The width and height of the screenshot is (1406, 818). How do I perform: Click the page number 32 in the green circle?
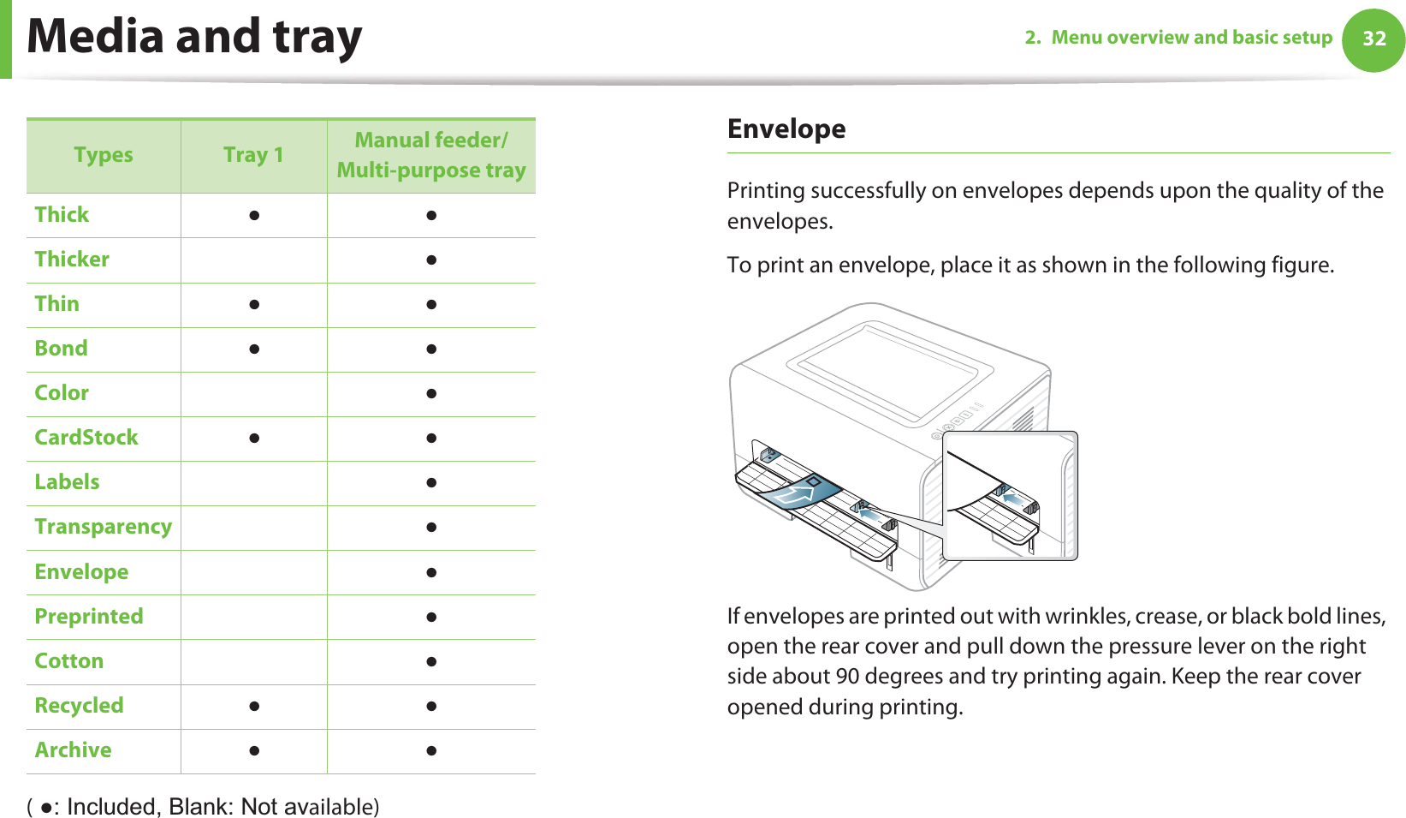coord(1373,39)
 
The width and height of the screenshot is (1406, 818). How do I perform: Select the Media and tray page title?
coord(194,37)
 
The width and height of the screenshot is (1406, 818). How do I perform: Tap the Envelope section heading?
coord(786,128)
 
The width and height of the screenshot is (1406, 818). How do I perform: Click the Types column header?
coord(104,155)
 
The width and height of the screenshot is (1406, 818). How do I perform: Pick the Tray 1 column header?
coord(253,155)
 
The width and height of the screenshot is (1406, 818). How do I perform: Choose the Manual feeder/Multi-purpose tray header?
coord(431,155)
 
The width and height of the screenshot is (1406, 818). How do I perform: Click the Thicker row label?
coord(72,260)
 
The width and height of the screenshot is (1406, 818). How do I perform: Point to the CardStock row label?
coord(86,438)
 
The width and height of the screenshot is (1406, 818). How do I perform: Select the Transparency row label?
coord(104,527)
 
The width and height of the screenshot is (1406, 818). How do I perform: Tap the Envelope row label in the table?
coord(81,572)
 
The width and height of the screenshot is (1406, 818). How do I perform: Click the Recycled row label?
coord(79,706)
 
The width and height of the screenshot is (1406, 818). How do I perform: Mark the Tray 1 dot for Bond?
coord(253,349)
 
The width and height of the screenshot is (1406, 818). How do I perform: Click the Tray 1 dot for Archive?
coord(253,751)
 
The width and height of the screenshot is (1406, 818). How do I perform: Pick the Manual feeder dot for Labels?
coord(431,483)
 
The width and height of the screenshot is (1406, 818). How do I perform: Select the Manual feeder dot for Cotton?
coord(431,662)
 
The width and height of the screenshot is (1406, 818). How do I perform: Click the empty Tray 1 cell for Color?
coord(253,394)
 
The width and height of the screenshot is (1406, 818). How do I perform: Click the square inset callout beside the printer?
coord(1010,495)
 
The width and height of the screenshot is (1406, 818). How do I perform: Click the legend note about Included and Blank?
coord(204,807)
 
